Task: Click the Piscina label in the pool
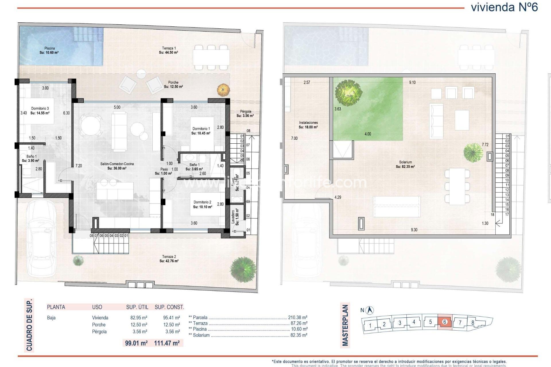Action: click(x=49, y=48)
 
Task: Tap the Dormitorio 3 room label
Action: click(x=40, y=108)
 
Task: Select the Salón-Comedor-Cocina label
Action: click(x=117, y=164)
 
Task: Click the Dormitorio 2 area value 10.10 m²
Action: click(x=203, y=207)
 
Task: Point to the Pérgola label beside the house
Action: click(x=245, y=111)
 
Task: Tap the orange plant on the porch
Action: click(x=224, y=90)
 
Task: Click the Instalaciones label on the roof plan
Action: click(x=308, y=122)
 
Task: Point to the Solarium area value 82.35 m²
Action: click(x=405, y=167)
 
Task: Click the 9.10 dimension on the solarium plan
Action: click(x=412, y=82)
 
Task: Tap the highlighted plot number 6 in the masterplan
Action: click(x=445, y=322)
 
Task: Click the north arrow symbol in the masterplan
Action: click(x=370, y=310)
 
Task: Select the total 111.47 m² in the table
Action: click(x=167, y=343)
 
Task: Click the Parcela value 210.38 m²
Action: click(x=298, y=317)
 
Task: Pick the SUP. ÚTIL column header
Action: click(x=137, y=307)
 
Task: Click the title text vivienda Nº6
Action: click(x=504, y=7)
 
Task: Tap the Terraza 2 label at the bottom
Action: click(x=169, y=257)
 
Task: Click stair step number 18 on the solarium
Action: click(x=492, y=214)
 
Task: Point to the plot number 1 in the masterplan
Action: click(x=370, y=325)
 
